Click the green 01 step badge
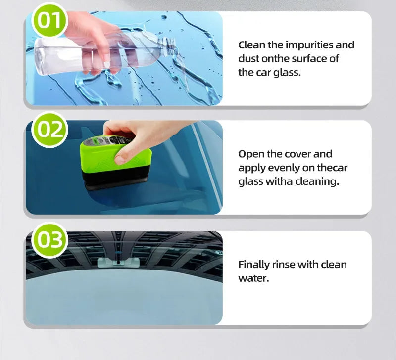pyautogui.click(x=49, y=20)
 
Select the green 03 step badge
pyautogui.click(x=49, y=240)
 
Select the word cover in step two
pyautogui.click(x=298, y=154)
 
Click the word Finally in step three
pyautogui.click(x=253, y=265)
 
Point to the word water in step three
pyautogui.click(x=252, y=278)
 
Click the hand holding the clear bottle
pyautogui.click(x=97, y=42)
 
